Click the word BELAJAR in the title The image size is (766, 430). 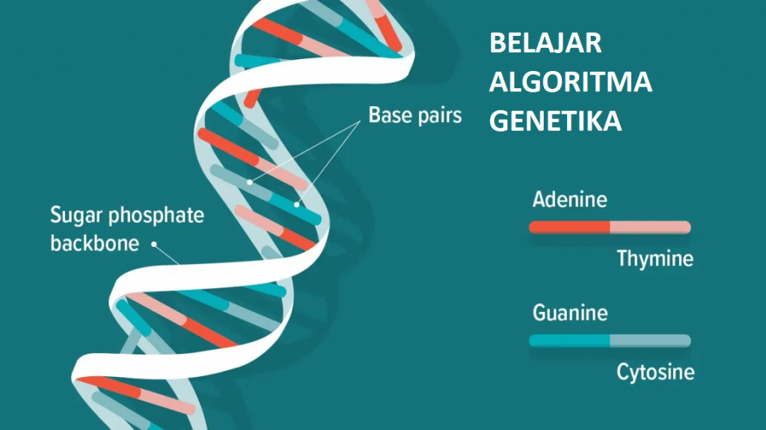point(545,43)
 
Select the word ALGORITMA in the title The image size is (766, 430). point(570,82)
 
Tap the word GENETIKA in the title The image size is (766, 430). point(555,120)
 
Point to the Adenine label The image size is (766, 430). point(569,200)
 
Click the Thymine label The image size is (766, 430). point(655,259)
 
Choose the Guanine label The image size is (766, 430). point(570,313)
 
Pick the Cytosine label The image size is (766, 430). point(655,372)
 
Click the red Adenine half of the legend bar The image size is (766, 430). point(569,227)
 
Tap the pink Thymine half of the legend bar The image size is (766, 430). point(650,227)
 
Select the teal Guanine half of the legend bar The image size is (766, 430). point(569,341)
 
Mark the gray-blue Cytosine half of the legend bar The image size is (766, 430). point(650,341)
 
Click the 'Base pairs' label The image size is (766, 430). point(414,116)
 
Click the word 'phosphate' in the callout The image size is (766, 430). point(156,217)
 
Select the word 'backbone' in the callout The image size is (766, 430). point(95,243)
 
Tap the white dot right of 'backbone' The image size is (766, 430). point(155,243)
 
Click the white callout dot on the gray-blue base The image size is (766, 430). point(250,182)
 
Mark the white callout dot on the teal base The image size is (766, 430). point(297,203)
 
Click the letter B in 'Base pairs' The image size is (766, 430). point(374,116)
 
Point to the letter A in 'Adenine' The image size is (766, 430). point(539,200)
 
